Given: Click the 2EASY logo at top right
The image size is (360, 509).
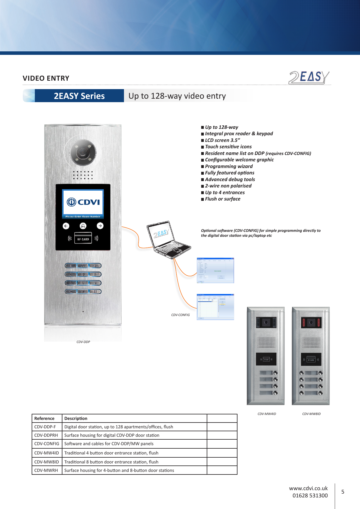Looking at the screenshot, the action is (x=309, y=77).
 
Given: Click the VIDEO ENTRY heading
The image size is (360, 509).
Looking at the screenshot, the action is (x=46, y=78).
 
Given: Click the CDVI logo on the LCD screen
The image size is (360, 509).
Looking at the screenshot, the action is (x=83, y=202).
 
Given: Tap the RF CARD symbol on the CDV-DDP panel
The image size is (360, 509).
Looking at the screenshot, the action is (x=83, y=239).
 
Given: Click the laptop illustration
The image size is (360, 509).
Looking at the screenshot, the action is (x=168, y=240).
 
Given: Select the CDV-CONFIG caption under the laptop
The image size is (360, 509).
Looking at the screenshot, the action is (x=180, y=315).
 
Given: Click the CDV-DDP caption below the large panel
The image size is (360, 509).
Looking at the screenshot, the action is (x=83, y=342).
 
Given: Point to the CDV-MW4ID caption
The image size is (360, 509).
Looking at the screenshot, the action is (x=267, y=414).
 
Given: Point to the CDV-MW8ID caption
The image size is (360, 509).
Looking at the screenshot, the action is (x=311, y=414).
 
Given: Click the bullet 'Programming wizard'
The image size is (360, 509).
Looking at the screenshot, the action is (x=229, y=166).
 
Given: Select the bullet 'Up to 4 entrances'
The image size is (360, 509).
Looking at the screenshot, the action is (x=225, y=192).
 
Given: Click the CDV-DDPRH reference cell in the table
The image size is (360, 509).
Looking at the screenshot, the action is (x=46, y=435).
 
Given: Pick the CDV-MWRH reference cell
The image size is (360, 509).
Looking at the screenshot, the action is (x=46, y=470).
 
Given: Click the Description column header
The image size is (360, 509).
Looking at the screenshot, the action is (x=76, y=418).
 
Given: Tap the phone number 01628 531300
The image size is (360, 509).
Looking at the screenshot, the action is (x=310, y=496).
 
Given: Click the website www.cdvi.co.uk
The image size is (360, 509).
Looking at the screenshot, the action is (x=308, y=488).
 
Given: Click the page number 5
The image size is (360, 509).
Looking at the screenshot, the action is (x=343, y=492).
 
